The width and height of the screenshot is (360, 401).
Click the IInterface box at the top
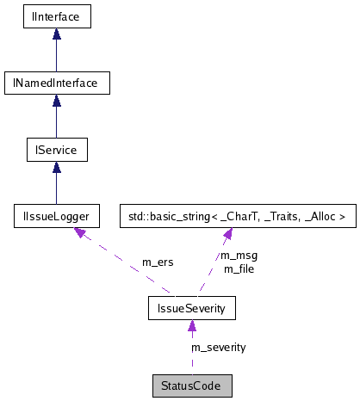pyautogui.click(x=56, y=16)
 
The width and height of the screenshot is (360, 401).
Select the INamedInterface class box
pyautogui.click(x=56, y=83)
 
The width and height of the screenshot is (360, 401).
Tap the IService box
pyautogui.click(x=56, y=151)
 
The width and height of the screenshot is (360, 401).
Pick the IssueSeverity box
pyautogui.click(x=191, y=307)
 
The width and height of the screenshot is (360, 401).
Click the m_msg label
pyautogui.click(x=239, y=256)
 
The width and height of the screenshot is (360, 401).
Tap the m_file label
pyautogui.click(x=239, y=268)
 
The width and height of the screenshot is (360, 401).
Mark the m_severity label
pyautogui.click(x=219, y=347)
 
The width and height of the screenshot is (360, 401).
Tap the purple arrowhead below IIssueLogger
pyautogui.click(x=80, y=233)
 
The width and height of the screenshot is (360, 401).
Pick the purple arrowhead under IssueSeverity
pyautogui.click(x=191, y=324)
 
